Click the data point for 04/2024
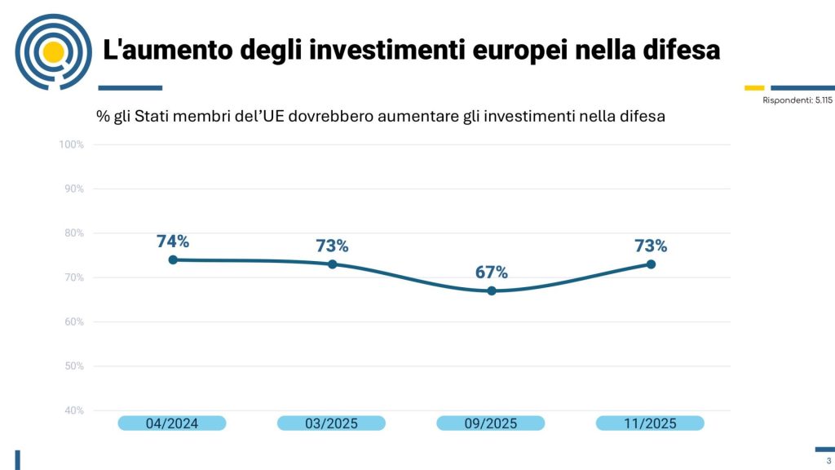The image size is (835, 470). pos(173,259)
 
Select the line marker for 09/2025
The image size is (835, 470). pos(492,290)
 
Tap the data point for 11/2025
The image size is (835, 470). pos(651,264)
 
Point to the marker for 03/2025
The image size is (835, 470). pos(333,264)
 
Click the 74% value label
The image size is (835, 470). pos(173,242)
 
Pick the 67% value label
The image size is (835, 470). pos(492,272)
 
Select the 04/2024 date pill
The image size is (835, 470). pos(172,423)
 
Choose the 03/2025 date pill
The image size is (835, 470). pos(331,423)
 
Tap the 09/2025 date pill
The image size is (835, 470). pos(491,423)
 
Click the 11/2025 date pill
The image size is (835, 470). pos(650,423)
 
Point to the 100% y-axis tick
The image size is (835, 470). pos(72,144)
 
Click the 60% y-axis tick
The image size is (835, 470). pos(74,321)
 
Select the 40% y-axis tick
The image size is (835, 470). pos(74,410)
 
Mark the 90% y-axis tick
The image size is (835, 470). pos(74,188)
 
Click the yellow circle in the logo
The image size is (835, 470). pos(53,52)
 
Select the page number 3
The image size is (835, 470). pos(828,461)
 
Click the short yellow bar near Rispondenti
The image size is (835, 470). pos(754,87)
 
